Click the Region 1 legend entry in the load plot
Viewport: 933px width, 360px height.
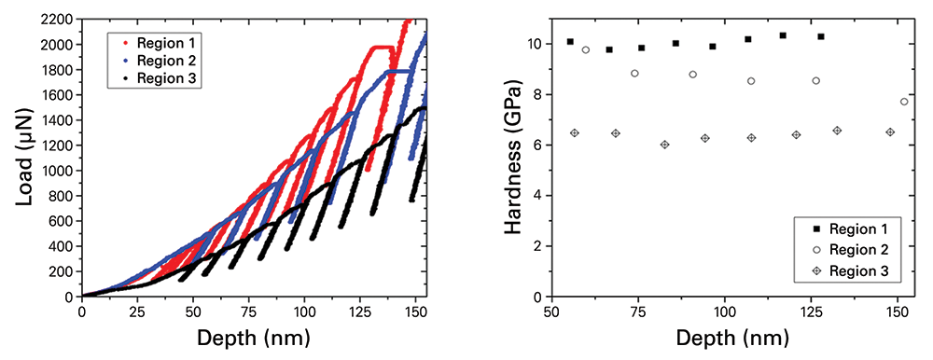click(159, 43)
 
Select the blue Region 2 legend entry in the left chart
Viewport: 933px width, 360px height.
click(159, 61)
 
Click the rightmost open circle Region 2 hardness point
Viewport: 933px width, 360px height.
click(903, 102)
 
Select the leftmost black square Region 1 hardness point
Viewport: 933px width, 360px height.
click(570, 42)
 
